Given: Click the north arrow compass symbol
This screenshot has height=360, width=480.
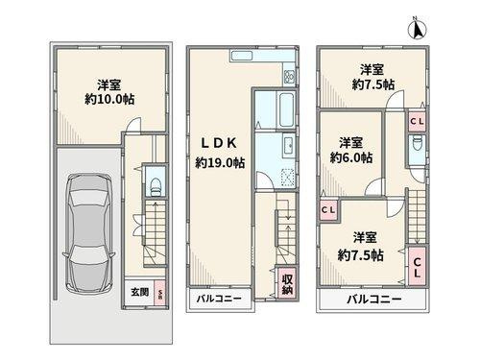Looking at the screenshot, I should (x=418, y=28).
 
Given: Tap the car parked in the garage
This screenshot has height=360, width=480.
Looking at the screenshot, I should (x=87, y=235).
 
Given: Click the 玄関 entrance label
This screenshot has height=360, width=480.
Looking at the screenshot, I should (x=139, y=292).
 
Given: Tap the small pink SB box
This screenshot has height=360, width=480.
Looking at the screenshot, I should (x=160, y=293).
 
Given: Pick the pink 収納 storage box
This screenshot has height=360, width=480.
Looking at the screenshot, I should (x=286, y=285).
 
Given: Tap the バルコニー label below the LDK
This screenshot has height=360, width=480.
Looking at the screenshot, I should (x=219, y=300).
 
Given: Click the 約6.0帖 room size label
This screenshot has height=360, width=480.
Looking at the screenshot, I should (x=350, y=156).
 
